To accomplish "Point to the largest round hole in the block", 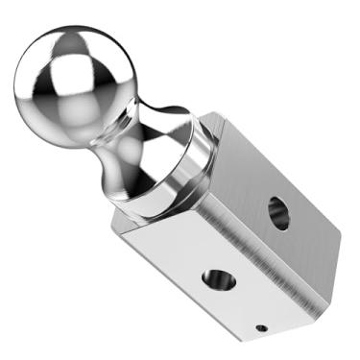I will click(278, 212).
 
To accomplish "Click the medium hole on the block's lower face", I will click(217, 279).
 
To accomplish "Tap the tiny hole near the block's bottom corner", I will click(261, 328).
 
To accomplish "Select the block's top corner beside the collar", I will click(223, 114).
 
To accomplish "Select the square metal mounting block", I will click(240, 230).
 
